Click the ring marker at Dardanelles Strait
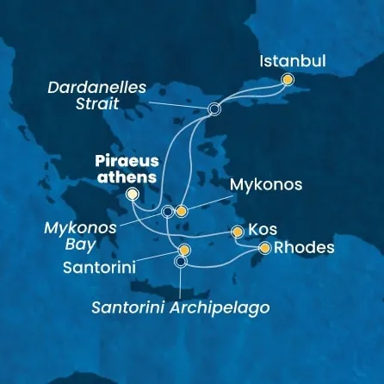pos(214,109)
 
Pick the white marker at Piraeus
pos(132,195)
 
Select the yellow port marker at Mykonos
pos(182,211)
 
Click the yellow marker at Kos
pos(238,232)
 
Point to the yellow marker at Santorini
pos(184,251)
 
